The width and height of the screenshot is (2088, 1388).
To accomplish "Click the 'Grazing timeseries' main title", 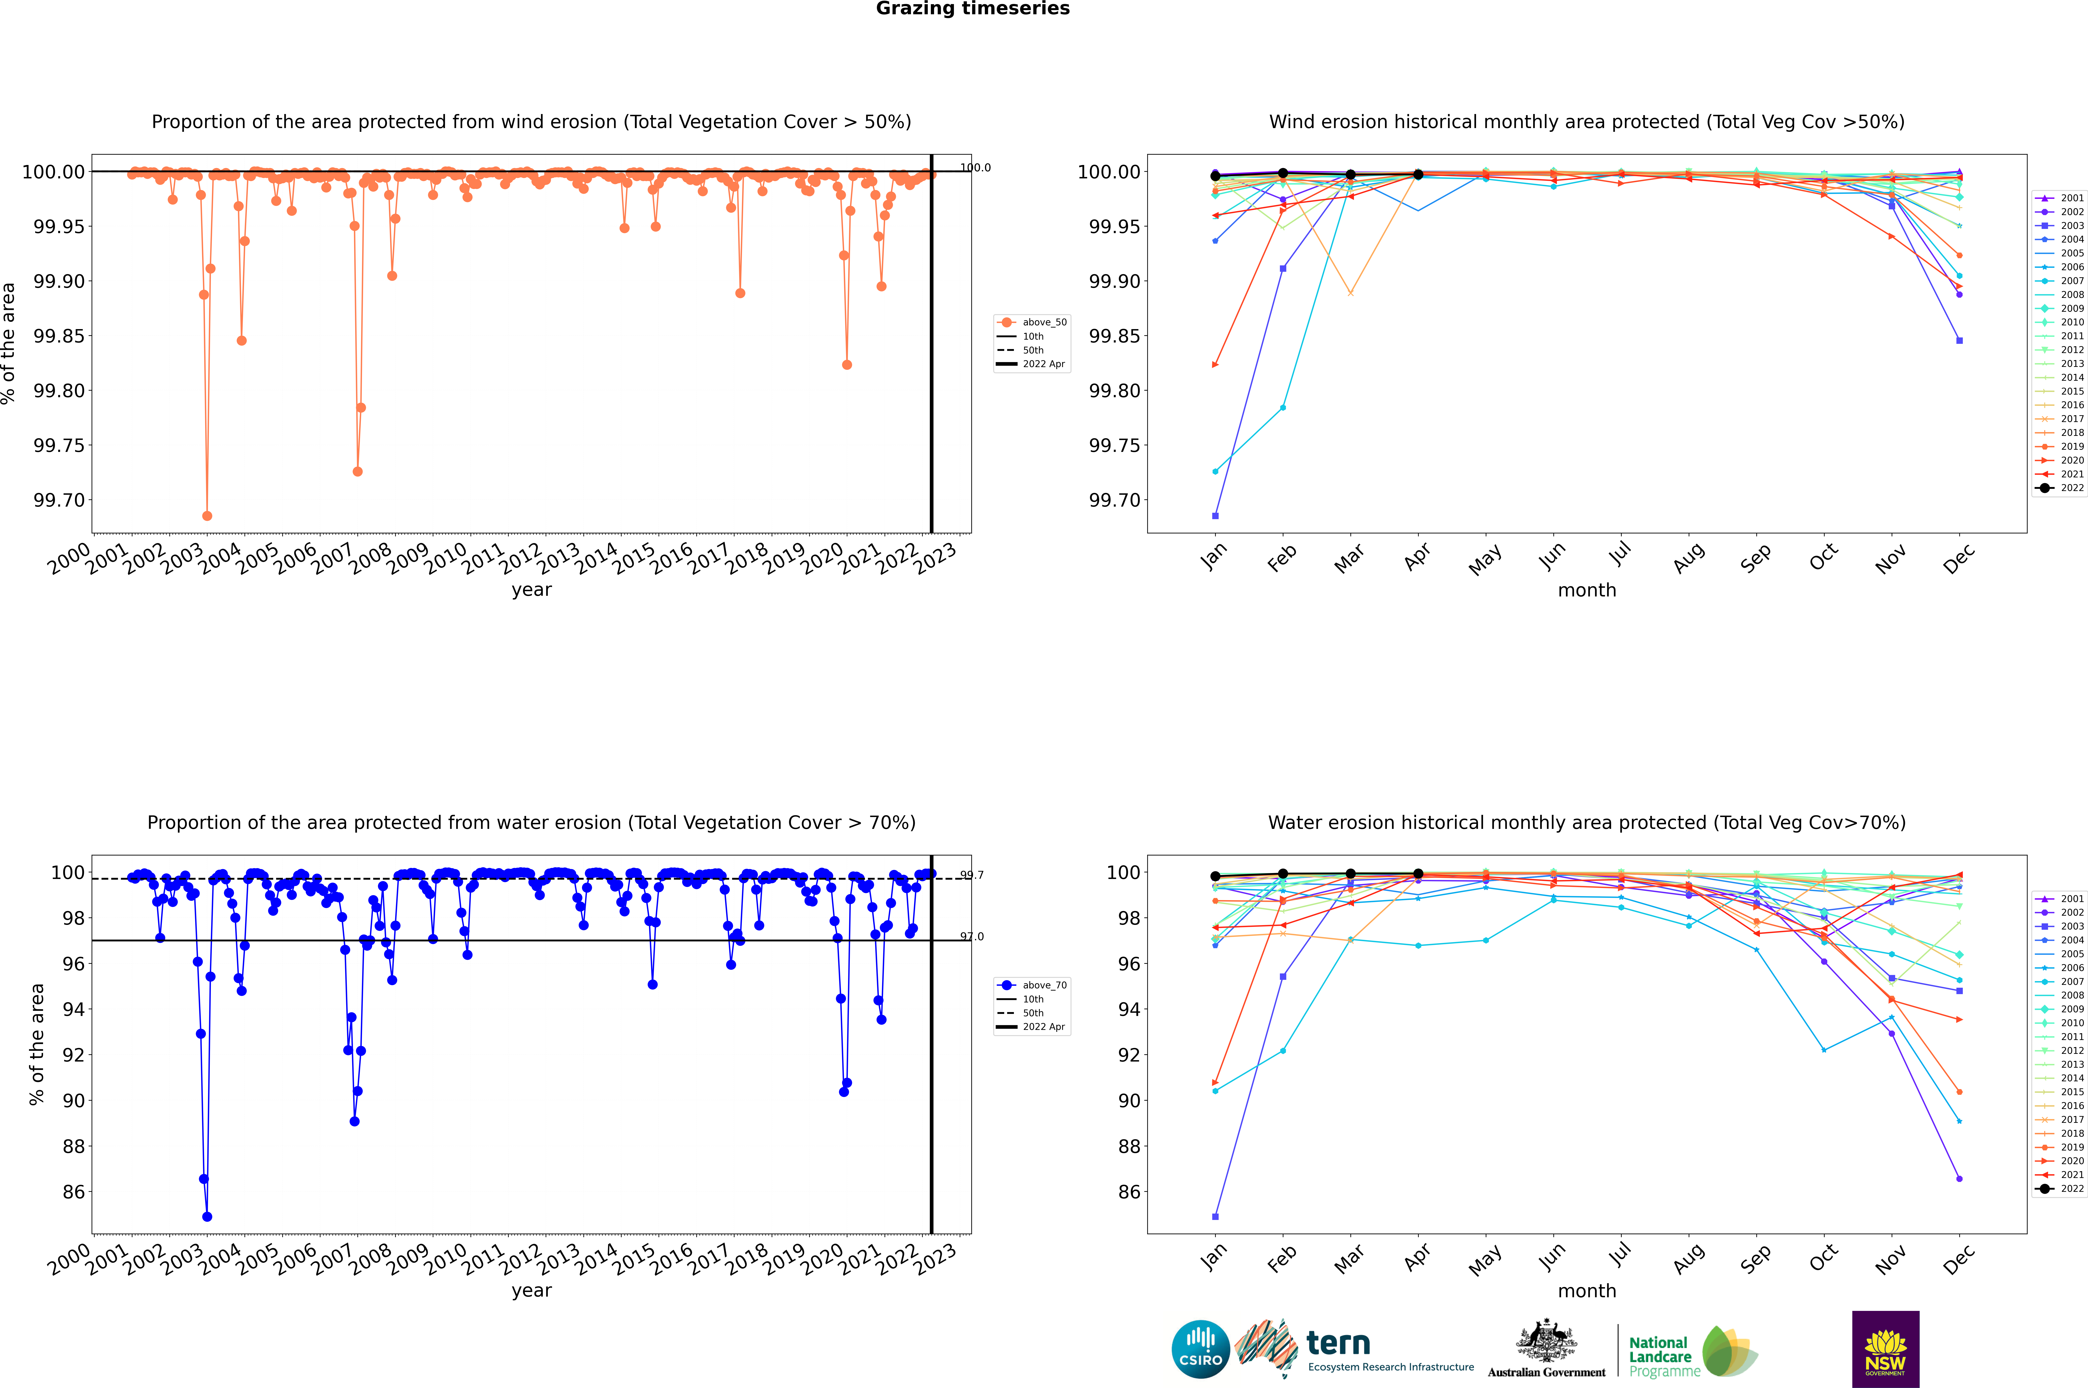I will tap(973, 9).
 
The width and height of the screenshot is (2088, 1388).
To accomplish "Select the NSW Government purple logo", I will tap(1885, 1349).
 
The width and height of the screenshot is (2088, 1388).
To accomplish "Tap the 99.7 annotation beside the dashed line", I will tap(972, 875).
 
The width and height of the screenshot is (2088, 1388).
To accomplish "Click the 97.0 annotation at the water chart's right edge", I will tap(972, 937).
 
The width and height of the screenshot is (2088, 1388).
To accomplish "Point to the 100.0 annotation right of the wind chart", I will tap(975, 167).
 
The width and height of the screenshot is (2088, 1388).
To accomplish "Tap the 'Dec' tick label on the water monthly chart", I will tap(1959, 1259).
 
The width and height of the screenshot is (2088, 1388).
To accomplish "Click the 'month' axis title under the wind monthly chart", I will tap(1587, 591).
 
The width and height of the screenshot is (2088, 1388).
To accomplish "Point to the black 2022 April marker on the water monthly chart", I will tap(1418, 874).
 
